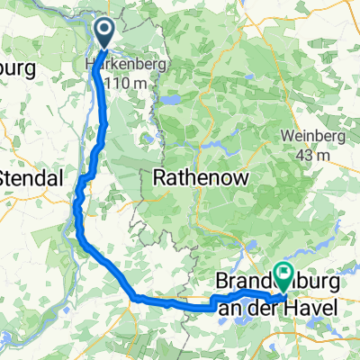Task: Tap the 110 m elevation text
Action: click(x=123, y=83)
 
